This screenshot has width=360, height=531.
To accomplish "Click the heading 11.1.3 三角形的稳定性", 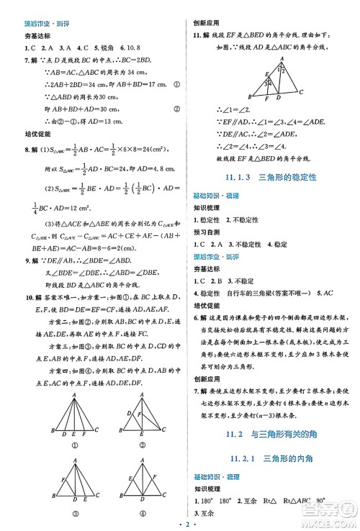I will tap(271, 177).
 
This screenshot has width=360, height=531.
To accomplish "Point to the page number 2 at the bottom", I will tap(179, 525).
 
